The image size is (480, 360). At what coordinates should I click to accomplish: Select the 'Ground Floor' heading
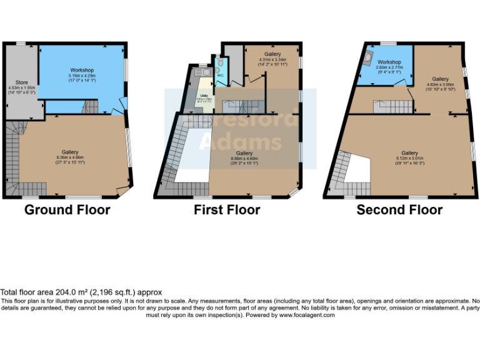(67, 210)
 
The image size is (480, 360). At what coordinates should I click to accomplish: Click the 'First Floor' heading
(227, 210)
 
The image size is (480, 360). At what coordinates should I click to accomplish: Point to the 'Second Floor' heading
(399, 210)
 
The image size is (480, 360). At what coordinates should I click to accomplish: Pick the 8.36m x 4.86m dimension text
(70, 157)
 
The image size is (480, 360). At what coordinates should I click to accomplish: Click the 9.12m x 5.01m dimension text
(409, 158)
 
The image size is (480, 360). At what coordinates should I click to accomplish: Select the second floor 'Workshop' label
(389, 62)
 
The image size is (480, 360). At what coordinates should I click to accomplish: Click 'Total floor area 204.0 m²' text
(81, 292)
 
